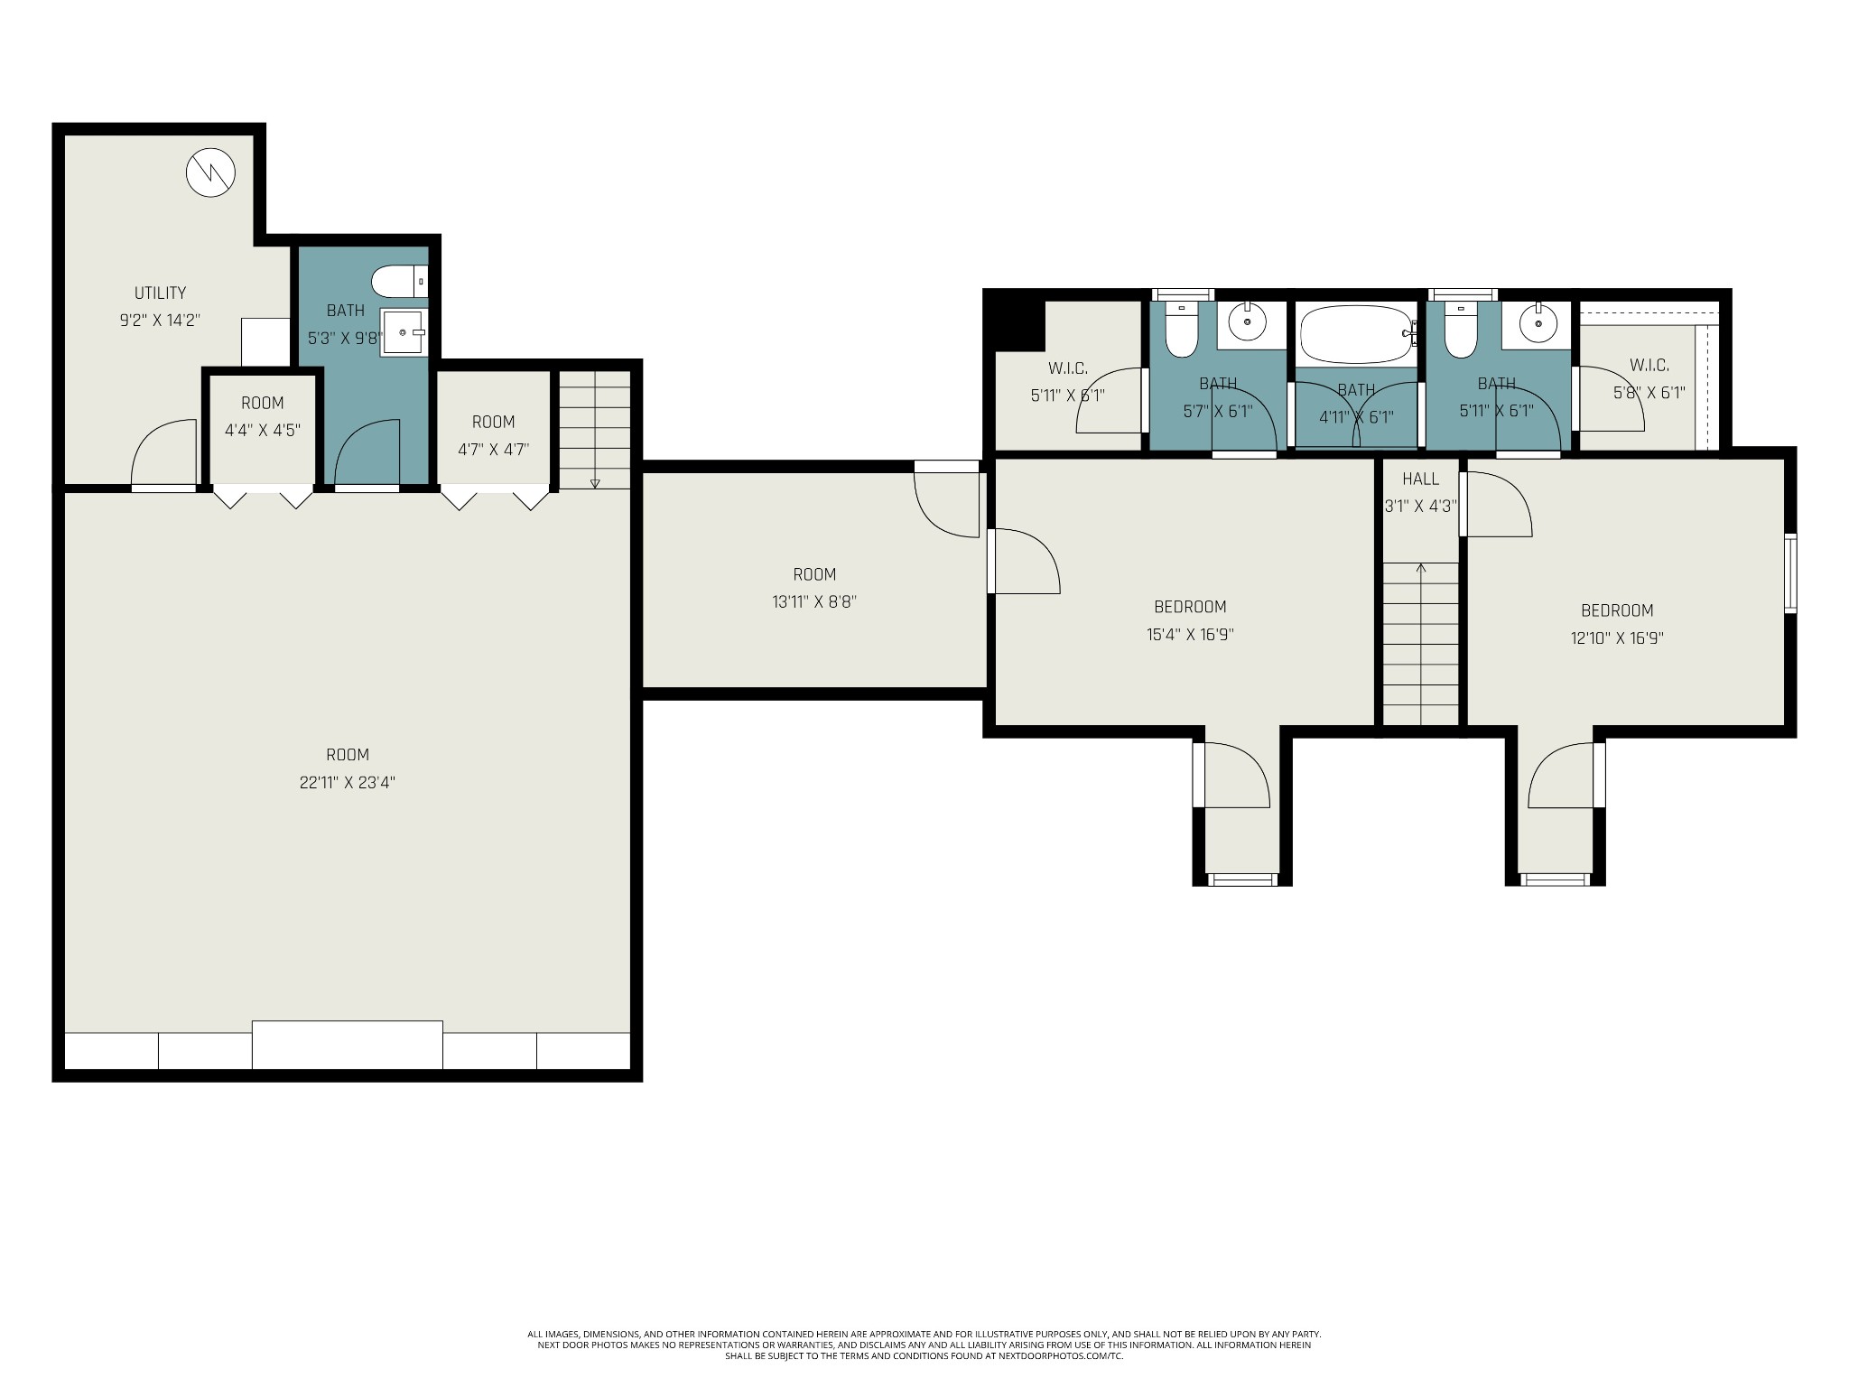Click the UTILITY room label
(x=160, y=293)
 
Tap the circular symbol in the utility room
(x=210, y=172)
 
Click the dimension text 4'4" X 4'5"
(x=262, y=431)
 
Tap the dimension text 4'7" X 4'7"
(x=493, y=449)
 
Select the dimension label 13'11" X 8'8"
(x=814, y=601)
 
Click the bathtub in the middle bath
(x=1356, y=335)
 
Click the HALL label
(x=1420, y=479)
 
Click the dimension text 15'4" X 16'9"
(x=1190, y=634)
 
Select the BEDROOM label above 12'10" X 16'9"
(x=1617, y=610)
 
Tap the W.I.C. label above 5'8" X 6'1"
(x=1649, y=366)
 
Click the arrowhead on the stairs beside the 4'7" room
(x=594, y=484)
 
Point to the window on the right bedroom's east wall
(x=1790, y=573)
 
